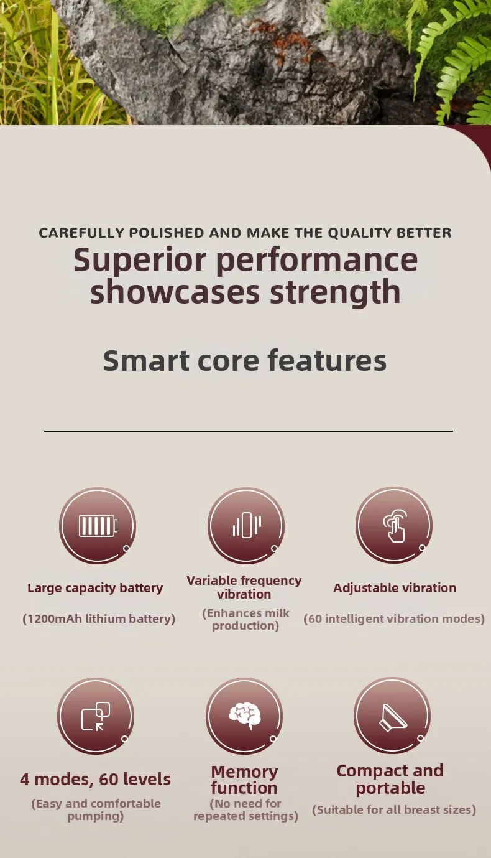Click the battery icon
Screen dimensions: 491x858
point(98,525)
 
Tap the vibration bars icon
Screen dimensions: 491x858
point(247,525)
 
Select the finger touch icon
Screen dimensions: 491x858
point(395,526)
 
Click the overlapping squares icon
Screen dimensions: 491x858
point(96,716)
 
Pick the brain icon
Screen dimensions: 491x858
point(245,715)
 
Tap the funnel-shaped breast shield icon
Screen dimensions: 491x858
point(393,717)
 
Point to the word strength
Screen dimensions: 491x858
point(335,292)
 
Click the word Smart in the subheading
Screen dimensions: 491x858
point(146,361)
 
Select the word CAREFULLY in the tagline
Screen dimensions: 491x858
point(81,233)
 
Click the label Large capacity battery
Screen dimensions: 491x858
point(95,588)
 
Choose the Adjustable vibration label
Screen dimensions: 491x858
point(395,588)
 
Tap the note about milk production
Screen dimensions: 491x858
point(245,619)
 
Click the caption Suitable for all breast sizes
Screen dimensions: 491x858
point(394,809)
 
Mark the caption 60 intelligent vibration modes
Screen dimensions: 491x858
point(394,619)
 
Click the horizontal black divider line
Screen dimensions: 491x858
point(249,431)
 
